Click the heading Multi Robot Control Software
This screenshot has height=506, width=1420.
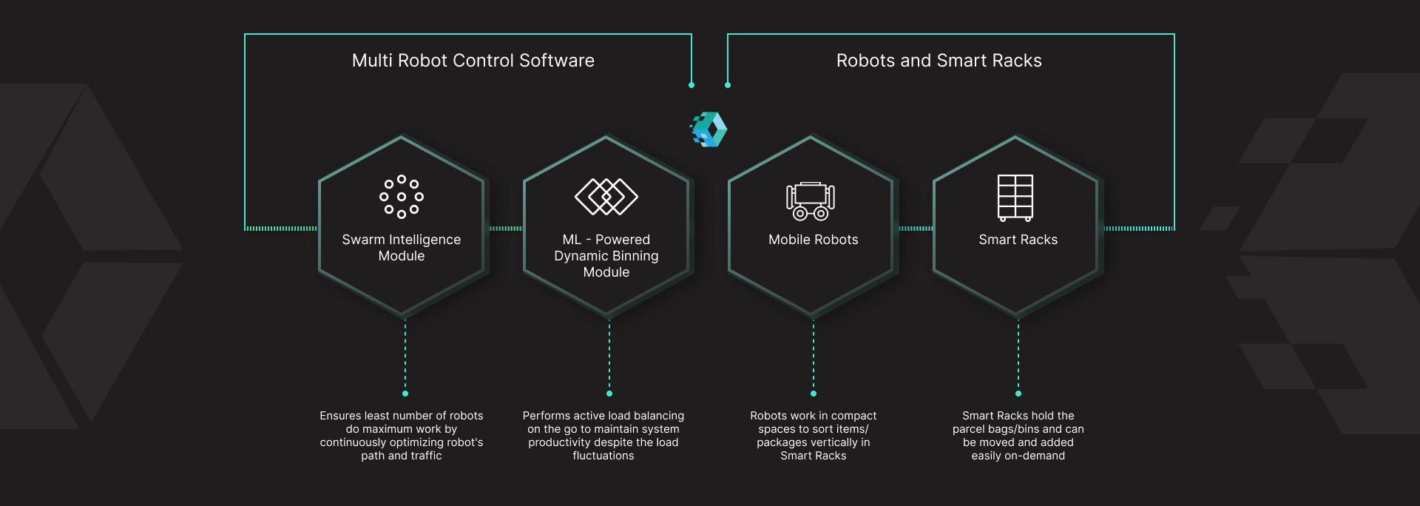[x=473, y=61]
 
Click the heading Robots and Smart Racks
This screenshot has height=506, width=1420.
[x=939, y=61]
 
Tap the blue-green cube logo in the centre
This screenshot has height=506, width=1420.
[x=709, y=129]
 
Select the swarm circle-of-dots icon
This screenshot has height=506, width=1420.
[x=402, y=197]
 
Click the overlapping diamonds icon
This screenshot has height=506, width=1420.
[x=606, y=197]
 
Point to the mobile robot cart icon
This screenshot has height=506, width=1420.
[x=811, y=201]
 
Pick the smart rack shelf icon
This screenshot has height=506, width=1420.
[x=1015, y=198]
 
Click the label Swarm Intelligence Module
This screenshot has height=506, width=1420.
[x=402, y=248]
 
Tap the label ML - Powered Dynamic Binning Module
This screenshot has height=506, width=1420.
[x=606, y=256]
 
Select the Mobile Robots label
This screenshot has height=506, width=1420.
[x=814, y=240]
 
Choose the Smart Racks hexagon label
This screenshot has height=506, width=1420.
[x=1018, y=240]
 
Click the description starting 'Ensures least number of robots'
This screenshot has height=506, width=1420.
[x=402, y=436]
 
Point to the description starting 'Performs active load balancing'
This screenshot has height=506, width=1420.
[x=603, y=436]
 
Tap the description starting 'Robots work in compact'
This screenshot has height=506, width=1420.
[x=814, y=436]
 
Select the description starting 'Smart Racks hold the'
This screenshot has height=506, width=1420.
[x=1018, y=436]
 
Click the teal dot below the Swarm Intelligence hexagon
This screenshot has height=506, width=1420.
[x=405, y=394]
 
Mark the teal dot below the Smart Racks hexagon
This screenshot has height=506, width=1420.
[x=1018, y=394]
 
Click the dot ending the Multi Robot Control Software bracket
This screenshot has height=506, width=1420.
[x=692, y=85]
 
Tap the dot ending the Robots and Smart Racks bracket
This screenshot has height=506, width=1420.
[x=728, y=85]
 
